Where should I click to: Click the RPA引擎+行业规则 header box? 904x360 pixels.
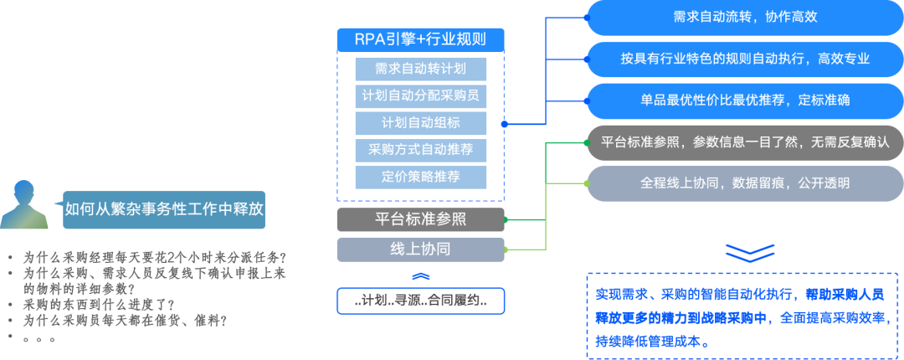pyautogui.click(x=420, y=39)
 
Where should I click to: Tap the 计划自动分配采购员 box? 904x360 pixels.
pyautogui.click(x=420, y=95)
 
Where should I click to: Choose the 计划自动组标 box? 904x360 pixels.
pyautogui.click(x=420, y=122)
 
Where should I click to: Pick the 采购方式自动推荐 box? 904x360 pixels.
pyautogui.click(x=420, y=150)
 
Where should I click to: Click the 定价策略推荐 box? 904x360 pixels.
pyautogui.click(x=420, y=177)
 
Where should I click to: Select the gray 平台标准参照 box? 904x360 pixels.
pyautogui.click(x=420, y=220)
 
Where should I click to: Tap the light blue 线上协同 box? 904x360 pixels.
pyautogui.click(x=420, y=249)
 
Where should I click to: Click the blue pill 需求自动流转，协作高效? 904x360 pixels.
pyautogui.click(x=744, y=18)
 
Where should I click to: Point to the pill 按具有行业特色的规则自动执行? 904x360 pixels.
pyautogui.click(x=744, y=59)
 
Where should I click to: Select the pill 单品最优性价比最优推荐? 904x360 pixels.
pyautogui.click(x=744, y=100)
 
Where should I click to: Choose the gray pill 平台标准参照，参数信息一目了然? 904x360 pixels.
pyautogui.click(x=744, y=142)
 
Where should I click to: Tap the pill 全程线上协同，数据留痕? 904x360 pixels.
pyautogui.click(x=744, y=183)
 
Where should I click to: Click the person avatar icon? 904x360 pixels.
pyautogui.click(x=23, y=204)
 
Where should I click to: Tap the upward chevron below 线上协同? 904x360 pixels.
pyautogui.click(x=420, y=276)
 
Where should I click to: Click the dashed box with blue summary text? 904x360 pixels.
pyautogui.click(x=744, y=315)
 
